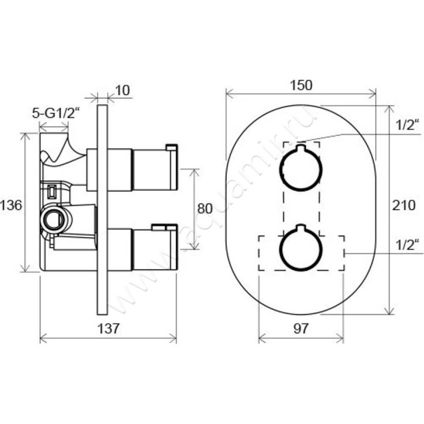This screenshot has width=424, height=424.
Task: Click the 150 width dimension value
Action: pyautogui.click(x=301, y=85)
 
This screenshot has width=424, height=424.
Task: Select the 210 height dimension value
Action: pyautogui.click(x=404, y=205)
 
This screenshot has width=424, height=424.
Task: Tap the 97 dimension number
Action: pyautogui.click(x=301, y=328)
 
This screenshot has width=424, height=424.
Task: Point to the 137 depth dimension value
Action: pyautogui.click(x=108, y=328)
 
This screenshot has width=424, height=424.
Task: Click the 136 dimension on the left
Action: pyautogui.click(x=11, y=205)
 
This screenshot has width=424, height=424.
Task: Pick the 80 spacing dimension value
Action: pyautogui.click(x=205, y=208)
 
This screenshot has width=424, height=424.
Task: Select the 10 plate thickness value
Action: pyautogui.click(x=122, y=90)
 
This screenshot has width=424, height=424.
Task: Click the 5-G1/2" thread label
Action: pyautogui.click(x=56, y=113)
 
